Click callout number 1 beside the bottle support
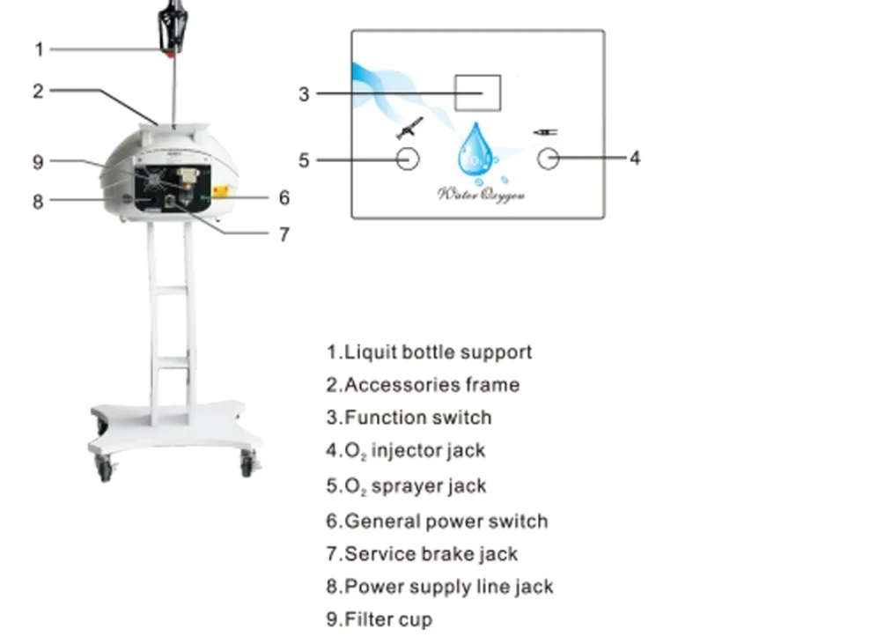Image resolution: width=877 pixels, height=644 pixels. coord(38,48)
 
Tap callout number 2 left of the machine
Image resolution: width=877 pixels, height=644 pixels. coord(38,90)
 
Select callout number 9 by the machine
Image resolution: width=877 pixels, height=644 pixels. coord(38,161)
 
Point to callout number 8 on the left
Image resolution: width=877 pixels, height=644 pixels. coord(38,201)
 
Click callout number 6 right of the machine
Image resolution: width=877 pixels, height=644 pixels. coord(284,197)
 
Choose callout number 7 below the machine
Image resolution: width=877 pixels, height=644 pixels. coord(284,234)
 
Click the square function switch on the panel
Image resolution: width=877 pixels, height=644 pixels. coord(477,93)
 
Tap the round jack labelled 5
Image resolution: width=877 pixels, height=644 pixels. coord(407,159)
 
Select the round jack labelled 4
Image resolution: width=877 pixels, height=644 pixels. coord(548,159)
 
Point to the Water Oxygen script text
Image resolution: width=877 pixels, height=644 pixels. coord(481,194)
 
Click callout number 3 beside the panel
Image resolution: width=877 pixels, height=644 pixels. coord(304,93)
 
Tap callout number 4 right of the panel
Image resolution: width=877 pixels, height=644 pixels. coord(635,159)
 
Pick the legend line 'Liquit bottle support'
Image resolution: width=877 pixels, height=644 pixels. coord(429,352)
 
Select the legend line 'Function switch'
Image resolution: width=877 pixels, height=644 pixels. coord(409,418)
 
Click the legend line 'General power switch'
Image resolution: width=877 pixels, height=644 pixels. coord(437,521)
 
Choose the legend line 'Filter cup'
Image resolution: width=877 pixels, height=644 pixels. coord(379,619)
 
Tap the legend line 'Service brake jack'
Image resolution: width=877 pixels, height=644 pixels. coord(422,554)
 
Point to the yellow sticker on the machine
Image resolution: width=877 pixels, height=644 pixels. coord(221,190)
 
